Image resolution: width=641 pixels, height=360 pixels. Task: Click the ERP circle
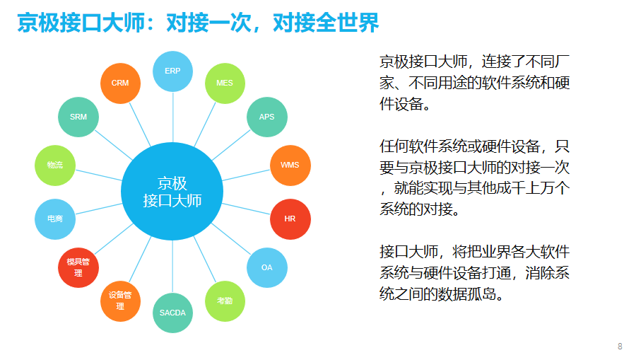coord(172,71)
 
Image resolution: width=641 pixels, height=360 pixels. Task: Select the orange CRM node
coord(120,83)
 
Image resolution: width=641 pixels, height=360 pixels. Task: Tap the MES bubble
coord(225,83)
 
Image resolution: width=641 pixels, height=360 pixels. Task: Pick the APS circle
coord(267,117)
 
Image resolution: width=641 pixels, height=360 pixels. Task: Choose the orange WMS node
coord(290,166)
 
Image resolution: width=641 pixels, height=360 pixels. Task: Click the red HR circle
coord(290,219)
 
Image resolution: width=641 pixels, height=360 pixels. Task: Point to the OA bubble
coord(267,267)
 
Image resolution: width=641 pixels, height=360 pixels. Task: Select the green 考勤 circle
coord(225,301)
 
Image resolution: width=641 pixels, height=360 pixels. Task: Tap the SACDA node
coord(172,313)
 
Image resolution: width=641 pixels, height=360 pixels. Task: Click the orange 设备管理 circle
coord(120,301)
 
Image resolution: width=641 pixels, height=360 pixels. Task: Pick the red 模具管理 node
coord(78,267)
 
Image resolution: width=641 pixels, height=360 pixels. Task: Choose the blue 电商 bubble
coord(55,219)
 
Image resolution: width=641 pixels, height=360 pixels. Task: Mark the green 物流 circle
coord(55,166)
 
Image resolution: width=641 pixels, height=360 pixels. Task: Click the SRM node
coord(78,117)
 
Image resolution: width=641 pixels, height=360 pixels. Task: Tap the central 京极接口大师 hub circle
coord(172,192)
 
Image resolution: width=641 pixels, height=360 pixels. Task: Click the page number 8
coord(620,347)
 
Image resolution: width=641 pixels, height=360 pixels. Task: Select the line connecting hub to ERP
coord(172,117)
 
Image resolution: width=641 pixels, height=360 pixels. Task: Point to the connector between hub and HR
coord(246,209)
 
